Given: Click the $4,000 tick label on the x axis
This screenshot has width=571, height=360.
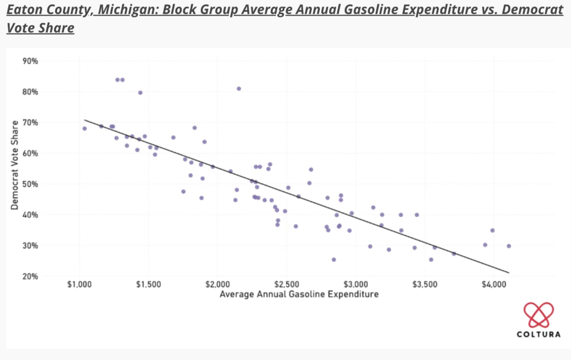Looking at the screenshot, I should point(493,284).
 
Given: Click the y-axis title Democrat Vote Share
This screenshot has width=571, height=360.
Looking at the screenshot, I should point(14,168).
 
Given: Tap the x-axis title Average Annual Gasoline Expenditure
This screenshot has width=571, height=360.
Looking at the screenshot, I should point(299,294).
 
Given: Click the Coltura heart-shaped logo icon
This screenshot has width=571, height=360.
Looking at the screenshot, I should point(538,315).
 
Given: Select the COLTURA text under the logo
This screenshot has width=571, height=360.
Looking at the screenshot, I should point(538,334).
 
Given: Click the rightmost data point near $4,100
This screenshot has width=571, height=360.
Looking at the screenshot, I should point(509,246).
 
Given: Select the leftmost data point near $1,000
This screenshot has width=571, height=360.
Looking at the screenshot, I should point(85,129).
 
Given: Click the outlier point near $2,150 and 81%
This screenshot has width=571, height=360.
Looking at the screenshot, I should point(239,89).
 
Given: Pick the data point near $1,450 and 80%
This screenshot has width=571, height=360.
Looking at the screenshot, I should point(140,93).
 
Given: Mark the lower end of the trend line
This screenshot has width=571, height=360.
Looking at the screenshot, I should point(509,273).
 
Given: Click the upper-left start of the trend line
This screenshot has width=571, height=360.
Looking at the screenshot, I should point(85,119).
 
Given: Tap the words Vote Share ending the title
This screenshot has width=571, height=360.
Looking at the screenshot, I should point(40,28).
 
